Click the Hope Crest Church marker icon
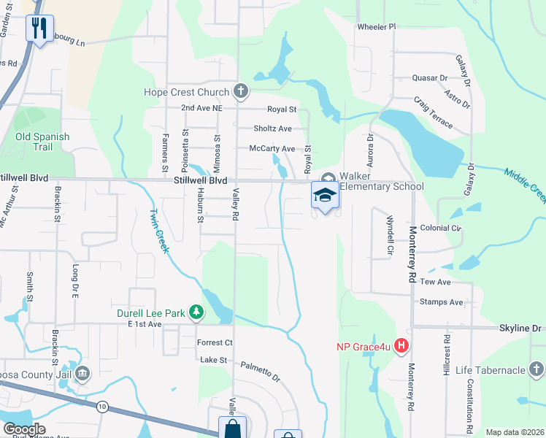pyautogui.click(x=242, y=92)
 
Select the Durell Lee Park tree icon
pyautogui.click(x=196, y=312)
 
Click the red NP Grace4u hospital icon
pyautogui.click(x=401, y=346)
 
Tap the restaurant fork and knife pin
pyautogui.click(x=39, y=29)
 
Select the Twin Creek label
pyautogui.click(x=159, y=231)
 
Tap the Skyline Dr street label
pyautogui.click(x=522, y=328)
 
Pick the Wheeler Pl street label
pyautogui.click(x=376, y=27)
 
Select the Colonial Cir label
pyautogui.click(x=441, y=228)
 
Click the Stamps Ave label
pyautogui.click(x=441, y=301)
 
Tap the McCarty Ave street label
pyautogui.click(x=272, y=148)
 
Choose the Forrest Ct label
pyautogui.click(x=215, y=342)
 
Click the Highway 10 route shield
pyautogui.click(x=101, y=406)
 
